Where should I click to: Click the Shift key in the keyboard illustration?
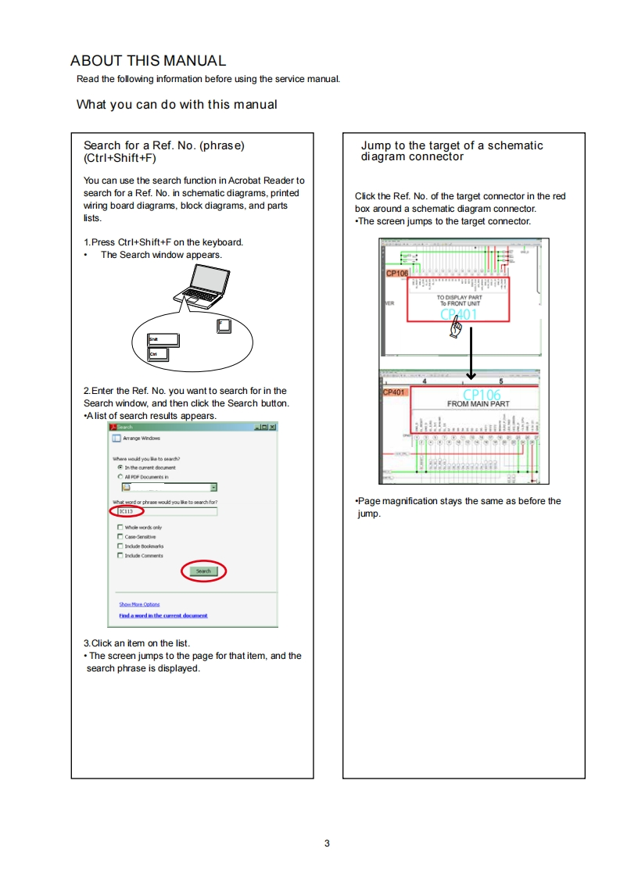pyautogui.click(x=164, y=339)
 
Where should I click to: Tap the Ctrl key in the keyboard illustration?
pyautogui.click(x=159, y=354)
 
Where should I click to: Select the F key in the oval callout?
pyautogui.click(x=224, y=325)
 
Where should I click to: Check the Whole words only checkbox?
pyautogui.click(x=120, y=528)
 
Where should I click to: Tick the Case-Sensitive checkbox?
pyautogui.click(x=120, y=537)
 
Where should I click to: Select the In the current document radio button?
pyautogui.click(x=120, y=467)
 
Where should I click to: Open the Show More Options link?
pyautogui.click(x=139, y=604)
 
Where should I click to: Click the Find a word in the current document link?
pyautogui.click(x=163, y=615)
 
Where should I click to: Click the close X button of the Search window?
pyautogui.click(x=272, y=427)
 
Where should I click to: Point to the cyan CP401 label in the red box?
pyautogui.click(x=458, y=314)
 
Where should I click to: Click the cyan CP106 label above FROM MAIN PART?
pyautogui.click(x=482, y=395)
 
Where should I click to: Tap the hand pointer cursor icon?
pyautogui.click(x=456, y=330)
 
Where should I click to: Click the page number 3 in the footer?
pyautogui.click(x=327, y=843)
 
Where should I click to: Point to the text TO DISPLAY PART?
pyautogui.click(x=460, y=298)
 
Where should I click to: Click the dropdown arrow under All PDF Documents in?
pyautogui.click(x=214, y=487)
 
